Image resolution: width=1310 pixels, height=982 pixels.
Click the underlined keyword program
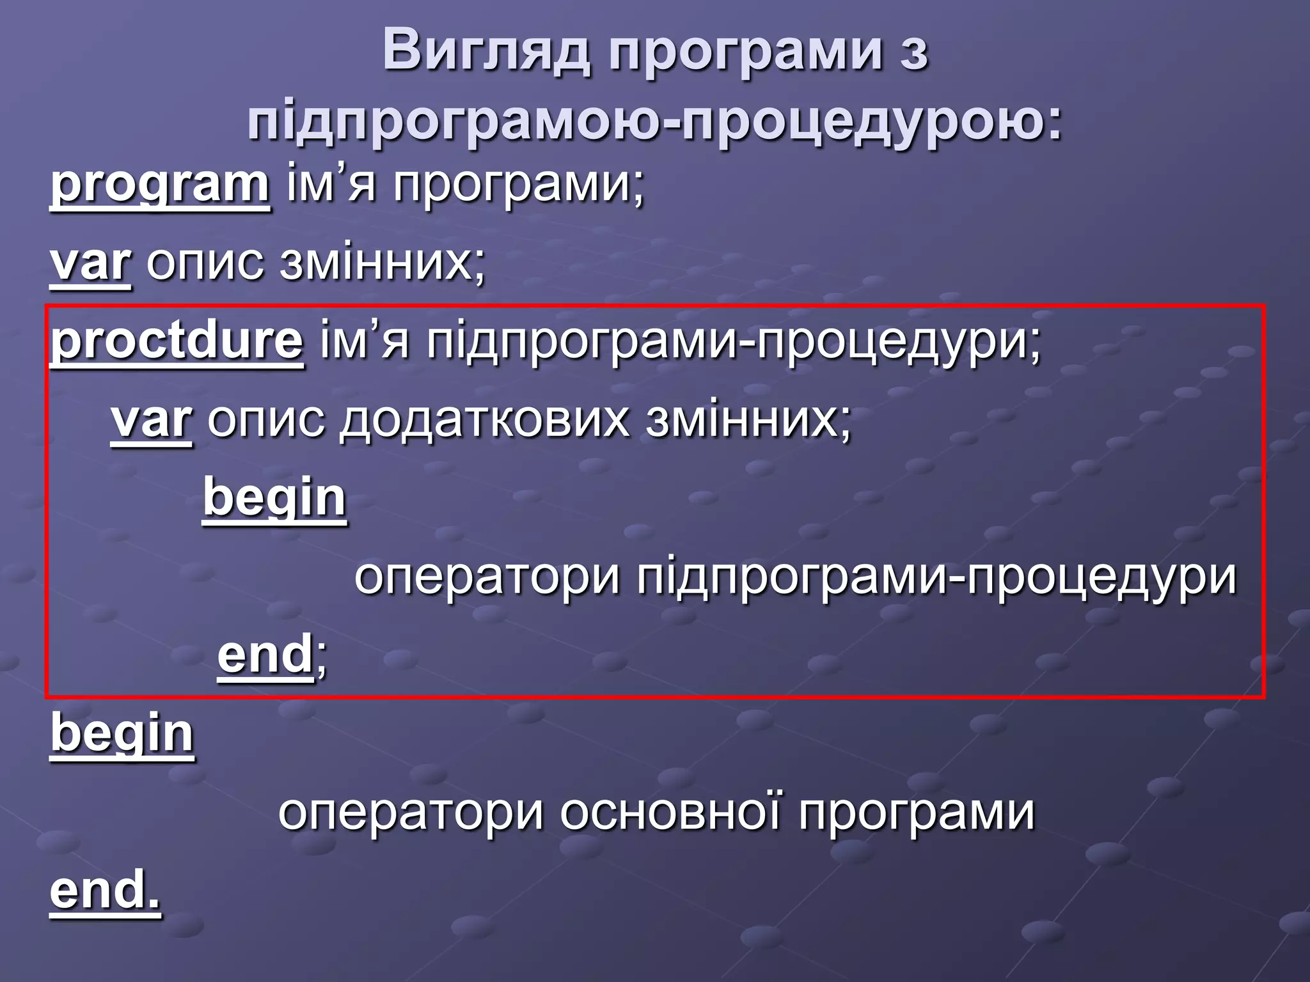[x=160, y=185]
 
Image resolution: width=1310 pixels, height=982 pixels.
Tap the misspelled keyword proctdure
[x=177, y=342]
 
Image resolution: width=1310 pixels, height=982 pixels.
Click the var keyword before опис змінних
[x=91, y=263]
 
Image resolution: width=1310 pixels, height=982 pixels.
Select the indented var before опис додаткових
[x=152, y=421]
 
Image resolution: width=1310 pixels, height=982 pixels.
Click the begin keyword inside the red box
[x=274, y=499]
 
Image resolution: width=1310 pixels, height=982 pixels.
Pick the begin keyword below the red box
[x=122, y=733]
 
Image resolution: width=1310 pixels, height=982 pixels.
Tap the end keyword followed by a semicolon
[x=265, y=655]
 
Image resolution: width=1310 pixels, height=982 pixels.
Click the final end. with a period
[x=106, y=891]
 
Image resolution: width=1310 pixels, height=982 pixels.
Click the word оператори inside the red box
[x=487, y=577]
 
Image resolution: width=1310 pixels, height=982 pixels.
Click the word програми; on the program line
[x=519, y=185]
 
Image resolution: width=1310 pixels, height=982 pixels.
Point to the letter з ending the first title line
[x=913, y=54]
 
